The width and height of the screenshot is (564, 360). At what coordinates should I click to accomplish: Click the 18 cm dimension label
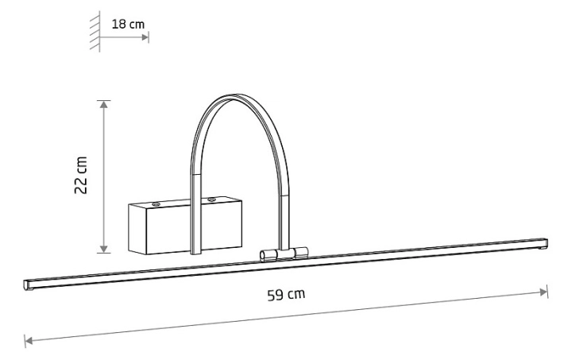point(128,25)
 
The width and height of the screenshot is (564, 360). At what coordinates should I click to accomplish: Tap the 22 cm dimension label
point(81,176)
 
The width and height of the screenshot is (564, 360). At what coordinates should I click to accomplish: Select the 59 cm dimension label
point(286,295)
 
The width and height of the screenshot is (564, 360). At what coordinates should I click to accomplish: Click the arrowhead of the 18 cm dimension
point(145,37)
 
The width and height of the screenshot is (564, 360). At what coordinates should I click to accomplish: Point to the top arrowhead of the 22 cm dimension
point(103,104)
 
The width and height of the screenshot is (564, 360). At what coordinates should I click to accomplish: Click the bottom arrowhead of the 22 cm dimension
point(103,249)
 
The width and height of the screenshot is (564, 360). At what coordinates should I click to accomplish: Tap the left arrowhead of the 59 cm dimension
point(29,340)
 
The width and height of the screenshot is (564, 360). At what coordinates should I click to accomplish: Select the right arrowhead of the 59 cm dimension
point(543,292)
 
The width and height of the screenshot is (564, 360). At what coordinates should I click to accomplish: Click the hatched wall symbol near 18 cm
point(95,31)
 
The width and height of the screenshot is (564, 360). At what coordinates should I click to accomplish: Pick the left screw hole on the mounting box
point(156,204)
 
